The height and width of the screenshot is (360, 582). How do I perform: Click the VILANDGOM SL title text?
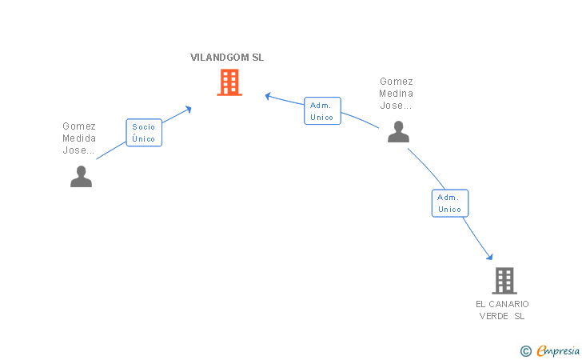[x=227, y=58]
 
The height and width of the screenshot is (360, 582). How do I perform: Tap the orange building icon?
[x=229, y=82]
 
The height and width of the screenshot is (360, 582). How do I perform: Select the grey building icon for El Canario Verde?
[x=504, y=281]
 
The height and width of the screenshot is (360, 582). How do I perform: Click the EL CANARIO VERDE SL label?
[x=502, y=310]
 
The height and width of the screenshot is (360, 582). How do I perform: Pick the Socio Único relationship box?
[x=144, y=133]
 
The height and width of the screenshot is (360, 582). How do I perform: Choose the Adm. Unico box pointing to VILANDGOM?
[x=322, y=110]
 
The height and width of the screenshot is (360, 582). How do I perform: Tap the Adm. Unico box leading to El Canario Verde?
[x=450, y=203]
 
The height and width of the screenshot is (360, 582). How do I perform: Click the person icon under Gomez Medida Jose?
[x=81, y=176]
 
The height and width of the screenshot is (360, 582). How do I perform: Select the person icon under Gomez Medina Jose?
[x=398, y=131]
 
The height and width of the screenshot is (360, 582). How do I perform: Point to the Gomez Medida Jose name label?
[x=79, y=138]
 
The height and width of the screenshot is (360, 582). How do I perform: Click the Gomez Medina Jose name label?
[x=396, y=94]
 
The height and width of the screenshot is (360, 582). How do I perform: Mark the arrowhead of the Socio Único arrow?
[x=188, y=109]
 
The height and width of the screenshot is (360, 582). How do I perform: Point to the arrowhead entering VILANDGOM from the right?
[x=268, y=96]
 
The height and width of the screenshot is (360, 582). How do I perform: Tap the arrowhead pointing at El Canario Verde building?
[x=490, y=256]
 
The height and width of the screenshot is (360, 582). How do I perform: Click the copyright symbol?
[x=525, y=351]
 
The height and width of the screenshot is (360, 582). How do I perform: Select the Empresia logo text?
[x=558, y=350]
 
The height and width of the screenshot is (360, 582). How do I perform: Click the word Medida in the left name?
[x=79, y=138]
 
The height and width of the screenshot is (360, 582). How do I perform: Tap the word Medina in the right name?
[x=396, y=94]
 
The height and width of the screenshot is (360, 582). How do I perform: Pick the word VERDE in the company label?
[x=494, y=316]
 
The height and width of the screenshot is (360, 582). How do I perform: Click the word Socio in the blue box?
[x=143, y=126]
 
